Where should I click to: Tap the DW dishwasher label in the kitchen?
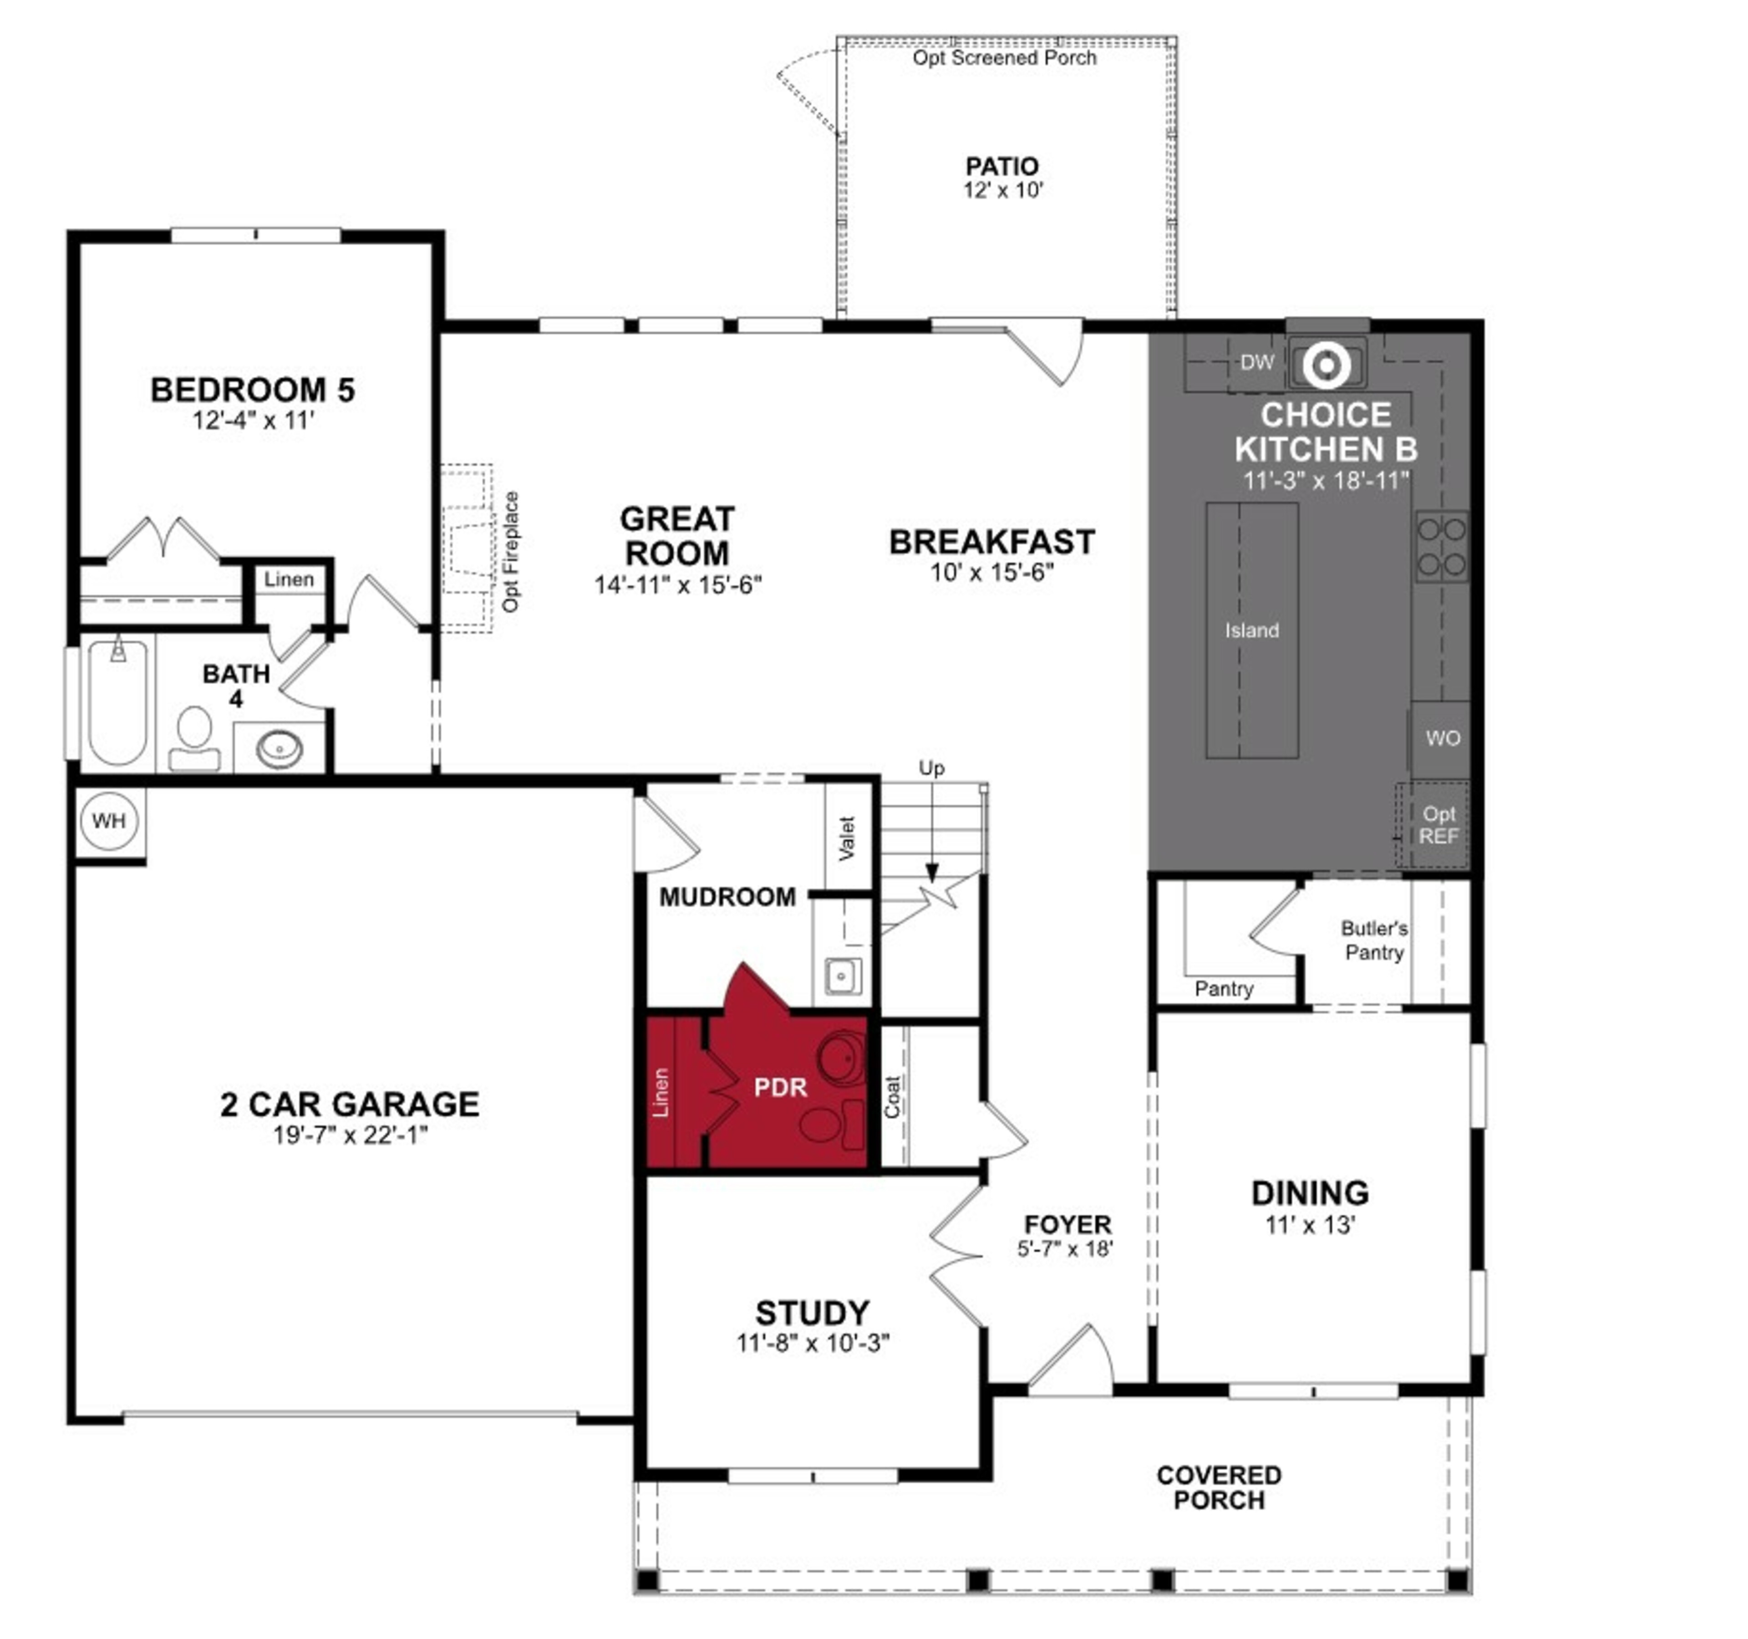[1256, 362]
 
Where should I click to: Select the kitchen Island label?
[1251, 630]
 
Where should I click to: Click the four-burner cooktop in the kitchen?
[1441, 546]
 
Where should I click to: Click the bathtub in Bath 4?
[118, 703]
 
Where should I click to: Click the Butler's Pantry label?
[1373, 940]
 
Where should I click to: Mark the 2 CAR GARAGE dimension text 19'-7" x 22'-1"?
[350, 1135]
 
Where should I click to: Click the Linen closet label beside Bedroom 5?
[289, 579]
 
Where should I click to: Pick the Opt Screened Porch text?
[1004, 58]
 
